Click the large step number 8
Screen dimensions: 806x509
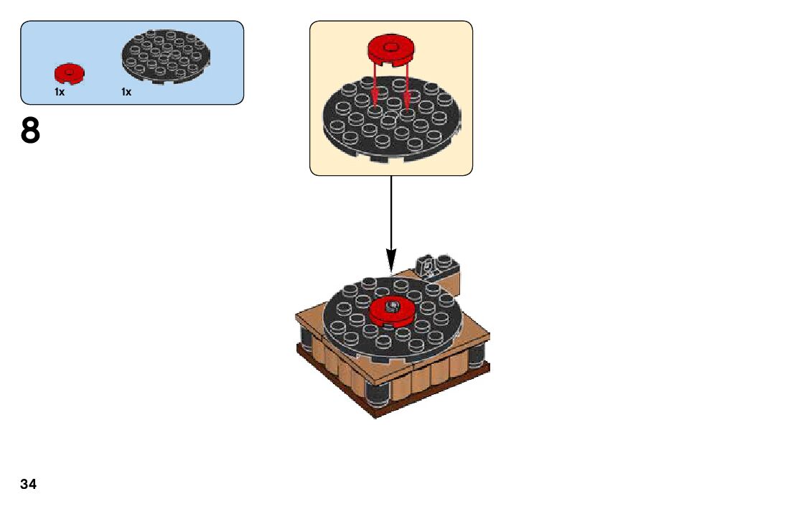pos(30,131)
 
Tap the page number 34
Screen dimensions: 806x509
pos(29,484)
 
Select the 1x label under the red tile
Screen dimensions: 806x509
pos(60,92)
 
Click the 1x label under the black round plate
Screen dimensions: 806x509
pos(126,92)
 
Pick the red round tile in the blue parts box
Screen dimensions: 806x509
pos(69,73)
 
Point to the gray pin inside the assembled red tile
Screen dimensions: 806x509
pos(392,307)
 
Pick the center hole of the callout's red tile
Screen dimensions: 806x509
pos(391,47)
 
